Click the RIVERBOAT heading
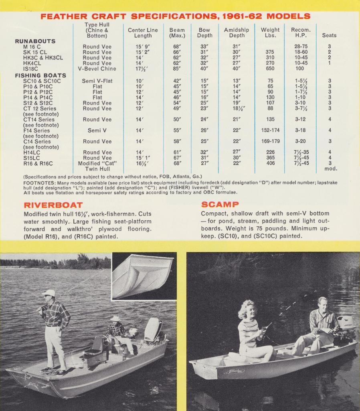coord(53,205)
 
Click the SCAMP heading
coord(220,205)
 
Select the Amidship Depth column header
coord(237,33)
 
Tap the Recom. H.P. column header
coord(301,33)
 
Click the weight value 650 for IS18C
coord(270,69)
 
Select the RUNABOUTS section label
coord(35,41)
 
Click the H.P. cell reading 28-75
coord(301,47)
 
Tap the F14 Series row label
coord(36,130)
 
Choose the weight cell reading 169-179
coord(270,141)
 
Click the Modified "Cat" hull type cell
coord(97,163)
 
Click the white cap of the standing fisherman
coord(49,293)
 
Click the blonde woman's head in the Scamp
coord(247,309)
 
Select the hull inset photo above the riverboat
coord(143,276)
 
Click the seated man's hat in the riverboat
coord(115,318)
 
